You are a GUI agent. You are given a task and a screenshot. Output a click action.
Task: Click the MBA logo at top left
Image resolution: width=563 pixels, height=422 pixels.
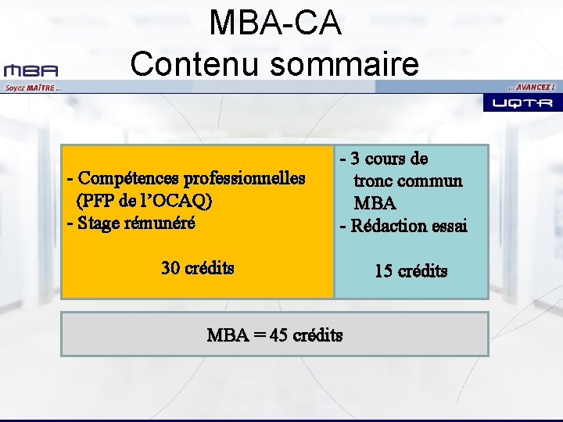point(30,70)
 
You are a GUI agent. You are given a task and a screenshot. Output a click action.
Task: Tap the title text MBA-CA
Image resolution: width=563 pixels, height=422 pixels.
point(274,23)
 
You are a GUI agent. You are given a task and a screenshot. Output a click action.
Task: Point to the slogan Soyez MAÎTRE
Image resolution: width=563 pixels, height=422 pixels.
point(32,88)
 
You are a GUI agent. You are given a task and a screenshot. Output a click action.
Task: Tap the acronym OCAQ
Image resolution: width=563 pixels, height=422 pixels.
point(184,201)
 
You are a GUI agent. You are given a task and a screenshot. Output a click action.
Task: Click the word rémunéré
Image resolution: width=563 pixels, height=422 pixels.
point(165,223)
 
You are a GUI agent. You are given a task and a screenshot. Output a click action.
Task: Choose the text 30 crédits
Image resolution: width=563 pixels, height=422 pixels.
point(197,268)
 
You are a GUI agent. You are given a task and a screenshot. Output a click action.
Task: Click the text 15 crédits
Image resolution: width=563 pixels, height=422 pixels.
point(411,271)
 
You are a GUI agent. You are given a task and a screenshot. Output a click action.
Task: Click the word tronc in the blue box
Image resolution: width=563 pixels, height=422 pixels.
point(373,181)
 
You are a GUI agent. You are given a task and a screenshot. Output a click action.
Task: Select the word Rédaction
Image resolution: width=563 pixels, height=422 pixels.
point(389,227)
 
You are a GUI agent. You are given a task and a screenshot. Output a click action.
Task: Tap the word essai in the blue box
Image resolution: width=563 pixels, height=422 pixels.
point(449,227)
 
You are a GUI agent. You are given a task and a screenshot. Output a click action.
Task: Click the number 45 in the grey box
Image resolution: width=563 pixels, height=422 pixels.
point(278,335)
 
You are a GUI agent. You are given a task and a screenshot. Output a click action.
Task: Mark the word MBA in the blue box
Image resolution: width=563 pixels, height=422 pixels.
point(375,204)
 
